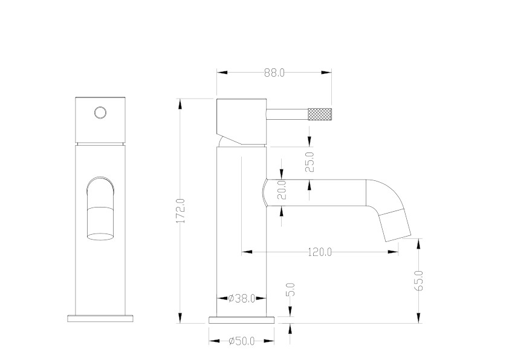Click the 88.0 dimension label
point(274,73)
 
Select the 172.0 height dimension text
point(181,211)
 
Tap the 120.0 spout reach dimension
point(320,252)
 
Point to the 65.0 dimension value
point(419,281)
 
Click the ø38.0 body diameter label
point(242,298)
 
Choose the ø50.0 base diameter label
point(242,341)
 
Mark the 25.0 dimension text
point(310,162)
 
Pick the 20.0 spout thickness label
point(282,190)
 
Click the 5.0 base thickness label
point(291,289)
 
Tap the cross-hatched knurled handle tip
point(319,114)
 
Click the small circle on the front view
point(100,113)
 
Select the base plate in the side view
point(242,320)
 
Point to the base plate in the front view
point(100,318)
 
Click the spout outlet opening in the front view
point(100,236)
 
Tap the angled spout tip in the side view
point(395,226)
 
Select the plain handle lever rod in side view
point(287,114)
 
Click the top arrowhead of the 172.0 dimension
point(180,104)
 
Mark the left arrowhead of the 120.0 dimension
point(247,252)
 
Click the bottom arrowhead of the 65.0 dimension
point(419,318)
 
